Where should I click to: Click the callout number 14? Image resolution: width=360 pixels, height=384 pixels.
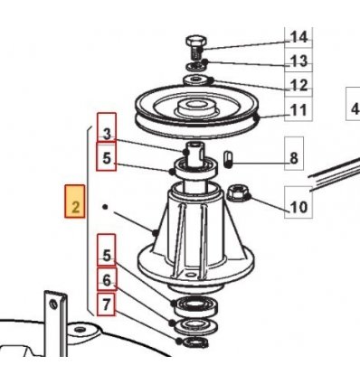tap(298, 37)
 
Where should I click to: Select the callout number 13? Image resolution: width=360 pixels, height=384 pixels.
tap(298, 61)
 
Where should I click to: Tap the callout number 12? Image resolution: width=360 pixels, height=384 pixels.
tap(298, 86)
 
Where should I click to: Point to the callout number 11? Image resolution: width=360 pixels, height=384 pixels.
tap(298, 110)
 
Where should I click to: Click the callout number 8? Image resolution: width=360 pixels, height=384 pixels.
tap(294, 158)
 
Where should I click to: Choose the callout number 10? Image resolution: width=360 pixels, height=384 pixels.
tap(298, 207)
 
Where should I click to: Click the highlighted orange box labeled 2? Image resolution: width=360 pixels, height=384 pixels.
tap(75, 201)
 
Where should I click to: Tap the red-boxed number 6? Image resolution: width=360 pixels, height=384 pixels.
tap(107, 280)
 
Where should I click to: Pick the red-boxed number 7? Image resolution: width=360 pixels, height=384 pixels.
tap(106, 304)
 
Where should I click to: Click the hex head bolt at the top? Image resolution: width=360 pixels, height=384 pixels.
tap(194, 48)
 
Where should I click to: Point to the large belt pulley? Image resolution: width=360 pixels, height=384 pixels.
tap(197, 112)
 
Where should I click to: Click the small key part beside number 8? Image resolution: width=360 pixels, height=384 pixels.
tap(229, 159)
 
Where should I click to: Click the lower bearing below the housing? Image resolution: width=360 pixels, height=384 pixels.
tap(194, 305)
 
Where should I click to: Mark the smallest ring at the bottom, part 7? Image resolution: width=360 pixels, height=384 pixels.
tap(193, 342)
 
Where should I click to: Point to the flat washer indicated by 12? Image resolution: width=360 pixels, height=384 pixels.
tap(197, 80)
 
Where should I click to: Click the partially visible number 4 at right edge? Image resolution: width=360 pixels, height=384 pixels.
tap(355, 108)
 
